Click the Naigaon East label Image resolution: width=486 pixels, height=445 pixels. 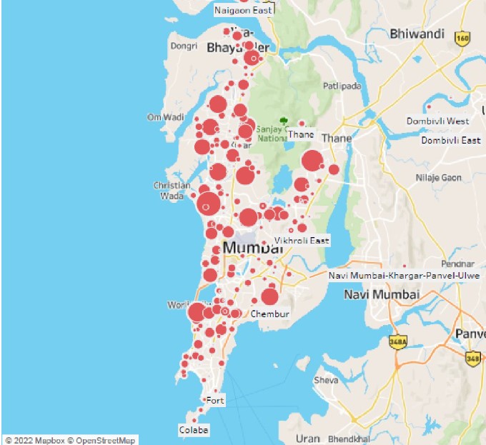point(244,10)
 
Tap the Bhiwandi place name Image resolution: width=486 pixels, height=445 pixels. point(417,34)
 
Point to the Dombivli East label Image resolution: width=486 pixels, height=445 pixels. point(450,140)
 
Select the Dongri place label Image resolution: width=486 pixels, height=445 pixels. point(183,46)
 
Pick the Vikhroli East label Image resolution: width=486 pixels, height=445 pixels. point(302,241)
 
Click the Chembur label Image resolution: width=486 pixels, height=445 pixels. point(270,314)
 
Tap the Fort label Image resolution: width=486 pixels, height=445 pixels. point(215,401)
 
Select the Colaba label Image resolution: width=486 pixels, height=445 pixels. point(194,430)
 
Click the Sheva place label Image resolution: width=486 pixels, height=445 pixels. point(326,380)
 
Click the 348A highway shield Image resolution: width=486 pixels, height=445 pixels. point(397,342)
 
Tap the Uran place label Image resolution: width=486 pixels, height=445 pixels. point(308,438)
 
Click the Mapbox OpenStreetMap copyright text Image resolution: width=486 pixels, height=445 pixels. point(69,440)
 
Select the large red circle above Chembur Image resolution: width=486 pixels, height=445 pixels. point(269,296)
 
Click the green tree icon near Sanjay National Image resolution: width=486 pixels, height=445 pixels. point(285,121)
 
